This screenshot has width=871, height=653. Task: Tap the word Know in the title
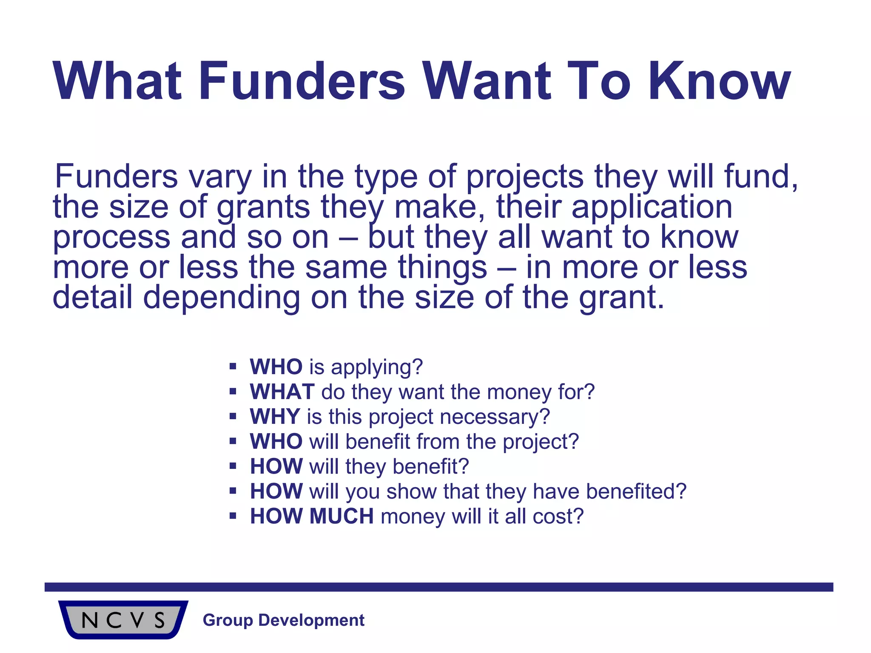(719, 81)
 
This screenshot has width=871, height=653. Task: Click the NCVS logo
(123, 620)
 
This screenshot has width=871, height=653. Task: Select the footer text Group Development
(283, 620)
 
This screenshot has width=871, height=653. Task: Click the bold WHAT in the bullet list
(282, 392)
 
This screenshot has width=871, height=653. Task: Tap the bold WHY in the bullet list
(275, 417)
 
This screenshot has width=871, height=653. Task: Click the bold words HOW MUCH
(312, 516)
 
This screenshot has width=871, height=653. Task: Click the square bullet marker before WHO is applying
(233, 366)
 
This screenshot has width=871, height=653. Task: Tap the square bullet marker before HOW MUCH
(233, 516)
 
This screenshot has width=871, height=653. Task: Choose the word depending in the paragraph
(222, 298)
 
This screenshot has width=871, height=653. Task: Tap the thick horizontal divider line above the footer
(438, 587)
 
